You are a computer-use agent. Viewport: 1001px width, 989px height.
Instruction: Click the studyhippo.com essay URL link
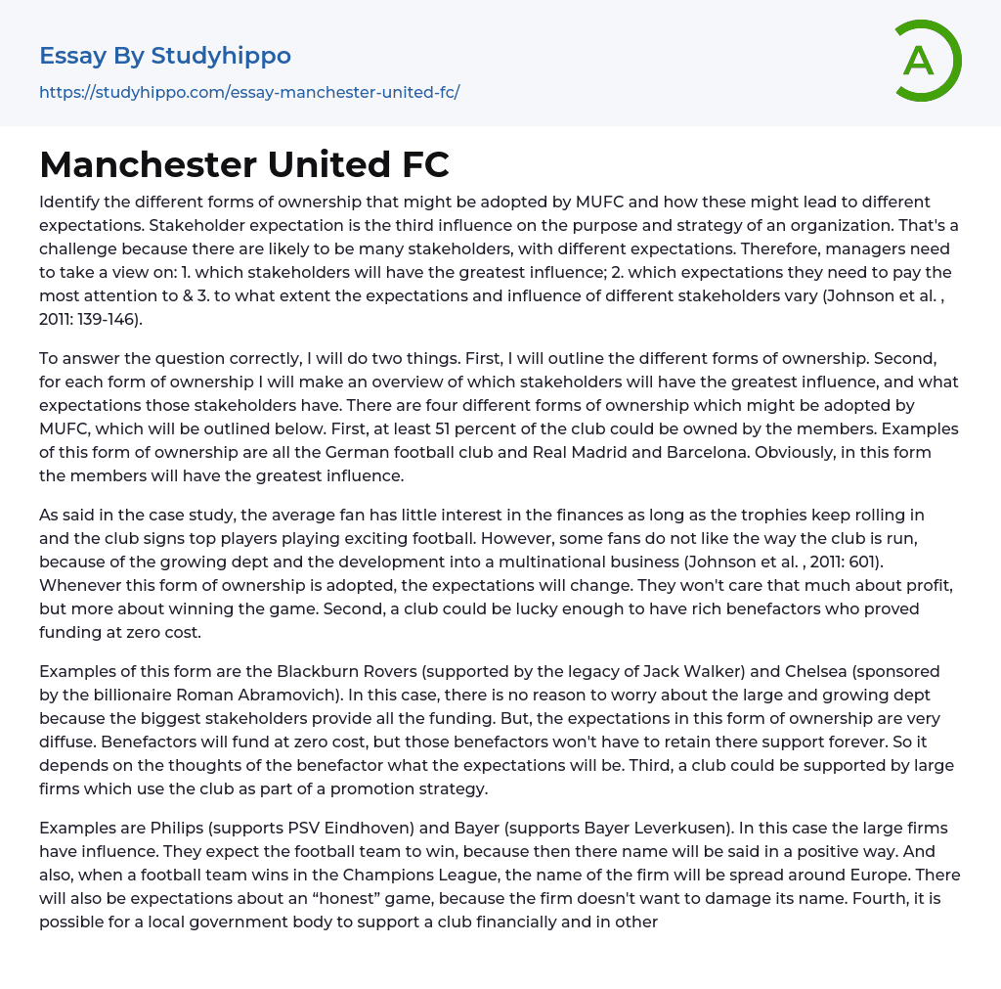[x=249, y=93]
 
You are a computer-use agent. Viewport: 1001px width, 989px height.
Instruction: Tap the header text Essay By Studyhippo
[x=165, y=56]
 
